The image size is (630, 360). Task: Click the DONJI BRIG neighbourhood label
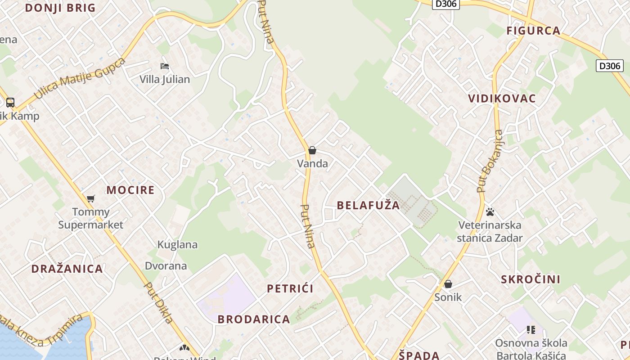60,8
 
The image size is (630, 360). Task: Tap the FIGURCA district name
533,31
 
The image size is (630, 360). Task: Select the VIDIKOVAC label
502,99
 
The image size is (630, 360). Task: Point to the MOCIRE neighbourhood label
130,190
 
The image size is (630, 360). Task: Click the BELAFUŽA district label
368,205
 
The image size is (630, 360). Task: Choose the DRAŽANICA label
67,269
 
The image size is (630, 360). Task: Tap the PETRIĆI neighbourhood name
290,288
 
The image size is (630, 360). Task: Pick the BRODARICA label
254,319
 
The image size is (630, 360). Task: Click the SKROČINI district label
531,279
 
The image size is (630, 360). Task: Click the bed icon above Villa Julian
165,66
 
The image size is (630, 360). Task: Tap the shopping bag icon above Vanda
312,150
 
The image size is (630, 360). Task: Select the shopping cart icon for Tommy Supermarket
91,198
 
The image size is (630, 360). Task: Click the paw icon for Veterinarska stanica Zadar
490,211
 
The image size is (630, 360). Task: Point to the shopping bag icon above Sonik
448,284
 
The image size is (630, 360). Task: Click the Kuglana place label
177,244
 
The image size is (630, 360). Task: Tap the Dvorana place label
166,265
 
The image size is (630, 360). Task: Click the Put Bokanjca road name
490,161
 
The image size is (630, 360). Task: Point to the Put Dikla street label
158,302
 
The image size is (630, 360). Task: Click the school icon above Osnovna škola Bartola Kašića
531,330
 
